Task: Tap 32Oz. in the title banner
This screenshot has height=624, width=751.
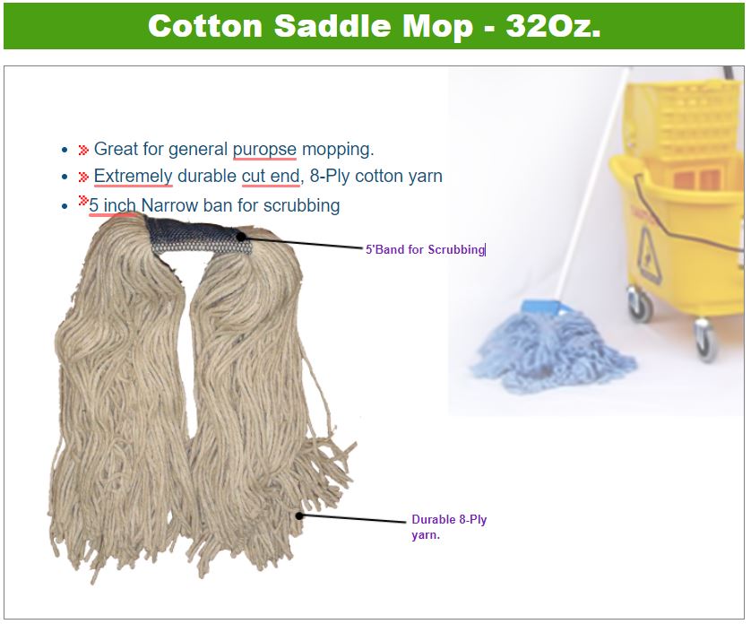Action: pos(553,25)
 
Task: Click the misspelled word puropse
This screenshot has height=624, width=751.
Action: pos(264,149)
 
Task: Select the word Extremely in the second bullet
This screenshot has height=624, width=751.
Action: pos(133,176)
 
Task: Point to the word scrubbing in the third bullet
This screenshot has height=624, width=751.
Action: pos(302,205)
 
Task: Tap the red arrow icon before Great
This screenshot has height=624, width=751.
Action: pos(83,150)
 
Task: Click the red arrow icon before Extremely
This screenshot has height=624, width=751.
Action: pos(83,177)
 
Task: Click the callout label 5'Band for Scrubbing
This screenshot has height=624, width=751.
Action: pos(426,249)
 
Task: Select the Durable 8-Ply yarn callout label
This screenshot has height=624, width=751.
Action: pos(449,526)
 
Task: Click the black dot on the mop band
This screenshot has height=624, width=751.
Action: pos(241,237)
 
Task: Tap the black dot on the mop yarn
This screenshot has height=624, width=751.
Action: pos(299,516)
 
